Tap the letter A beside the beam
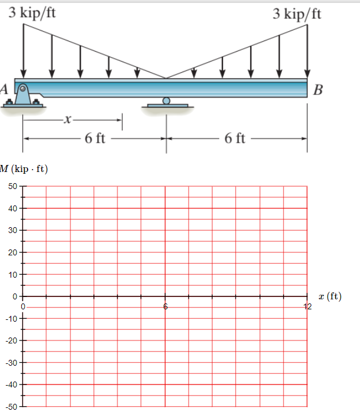click(x=4, y=89)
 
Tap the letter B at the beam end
click(x=318, y=90)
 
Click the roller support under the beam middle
click(x=167, y=103)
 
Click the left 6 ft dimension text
click(x=95, y=139)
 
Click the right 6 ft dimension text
click(x=235, y=139)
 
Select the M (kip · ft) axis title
click(x=24, y=170)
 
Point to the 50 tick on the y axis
click(x=13, y=186)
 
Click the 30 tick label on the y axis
click(x=13, y=230)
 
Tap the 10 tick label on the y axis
click(x=13, y=274)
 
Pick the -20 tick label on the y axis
click(x=12, y=340)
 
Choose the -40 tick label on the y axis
click(x=12, y=384)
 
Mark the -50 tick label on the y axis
click(x=12, y=406)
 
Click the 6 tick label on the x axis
click(x=166, y=306)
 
